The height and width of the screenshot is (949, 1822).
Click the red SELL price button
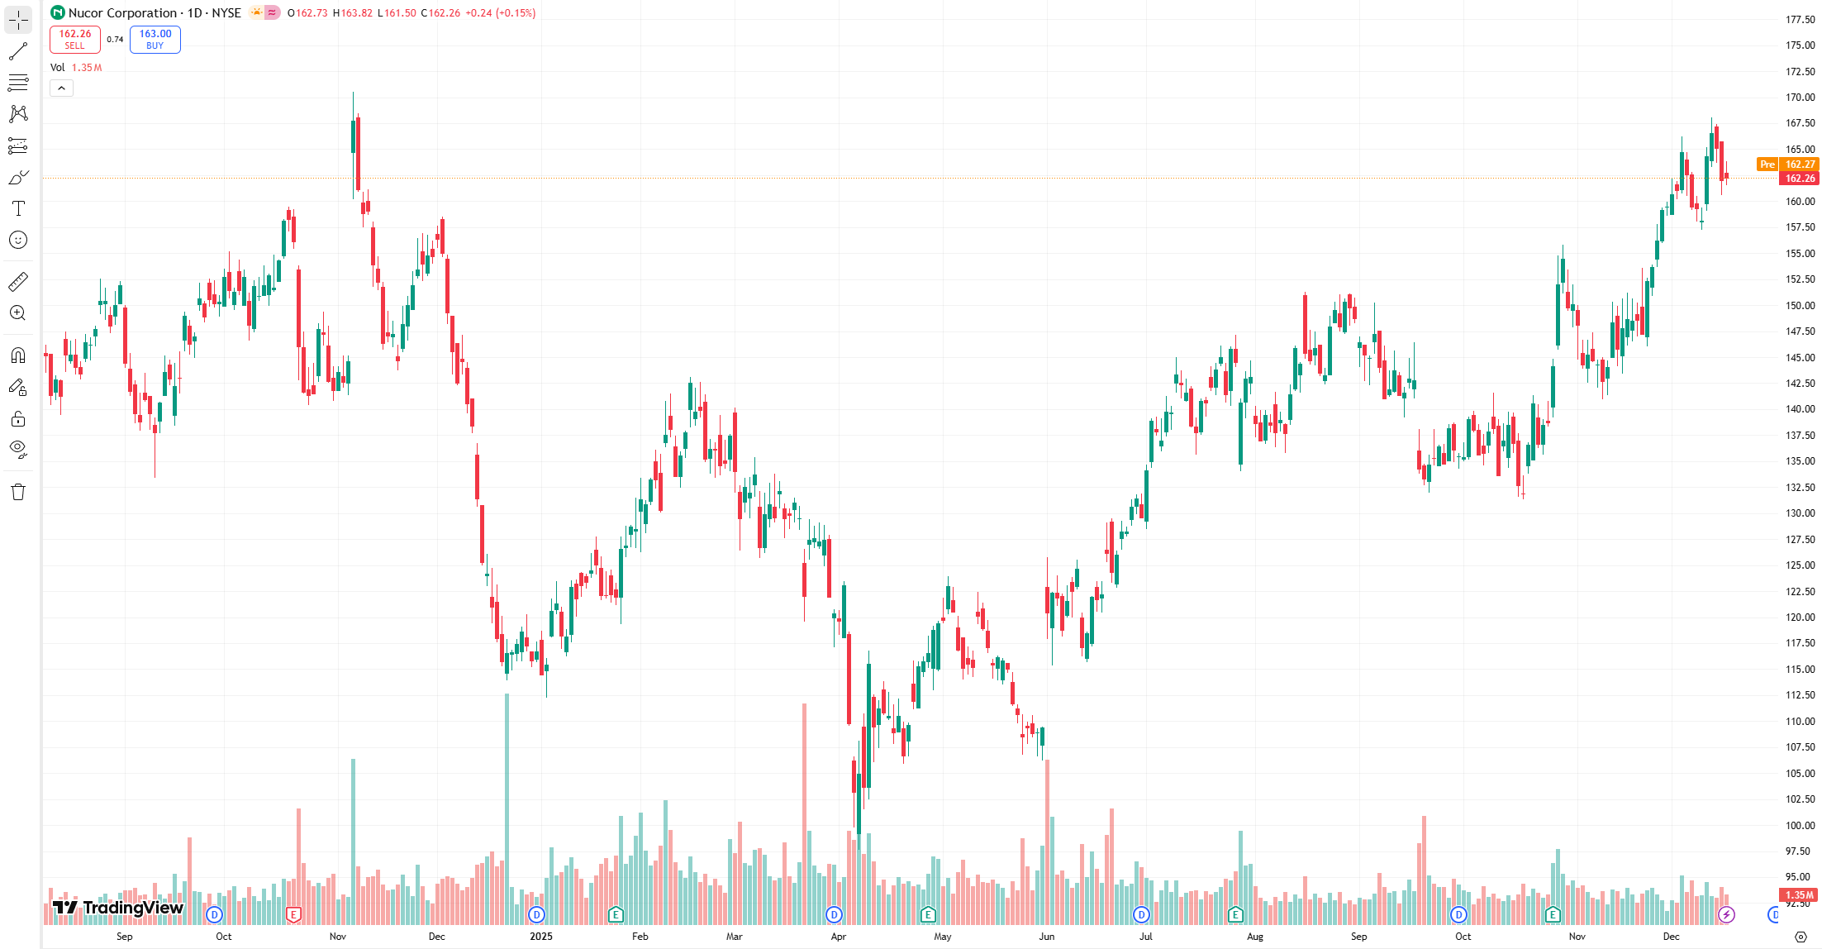74,39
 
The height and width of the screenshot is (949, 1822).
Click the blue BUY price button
155,39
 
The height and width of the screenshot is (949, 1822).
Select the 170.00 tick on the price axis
1800,98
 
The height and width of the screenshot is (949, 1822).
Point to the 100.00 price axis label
1800,825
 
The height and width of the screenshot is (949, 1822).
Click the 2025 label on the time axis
540,937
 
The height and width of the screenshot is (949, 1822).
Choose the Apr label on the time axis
839,937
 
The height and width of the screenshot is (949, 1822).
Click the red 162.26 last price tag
1800,179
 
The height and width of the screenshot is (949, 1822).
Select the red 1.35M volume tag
1799,894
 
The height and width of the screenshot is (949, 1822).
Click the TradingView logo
117,908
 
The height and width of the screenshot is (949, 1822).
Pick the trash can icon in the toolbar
18,493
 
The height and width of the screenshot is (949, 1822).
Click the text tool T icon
18,208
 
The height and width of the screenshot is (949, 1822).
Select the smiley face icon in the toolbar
18,240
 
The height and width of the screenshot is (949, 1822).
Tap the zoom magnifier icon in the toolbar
18,313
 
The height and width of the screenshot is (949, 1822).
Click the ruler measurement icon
18,282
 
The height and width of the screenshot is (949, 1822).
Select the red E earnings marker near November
293,914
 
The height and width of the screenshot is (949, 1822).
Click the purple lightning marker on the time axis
1726,914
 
